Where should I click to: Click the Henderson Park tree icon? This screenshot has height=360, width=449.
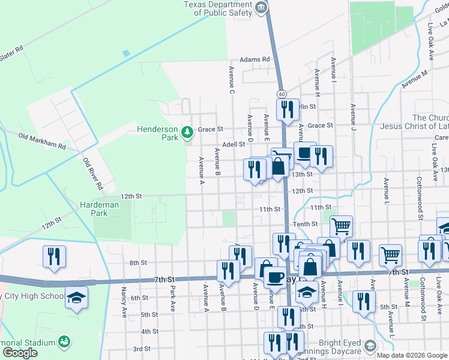187,131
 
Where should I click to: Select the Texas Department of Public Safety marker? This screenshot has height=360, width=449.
261,8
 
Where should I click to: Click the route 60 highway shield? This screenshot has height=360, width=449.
282,94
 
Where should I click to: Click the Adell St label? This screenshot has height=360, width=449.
234,145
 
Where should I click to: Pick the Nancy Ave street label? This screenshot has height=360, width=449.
124,302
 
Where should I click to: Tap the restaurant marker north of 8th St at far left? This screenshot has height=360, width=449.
55,257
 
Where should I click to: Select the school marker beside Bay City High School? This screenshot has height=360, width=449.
76,298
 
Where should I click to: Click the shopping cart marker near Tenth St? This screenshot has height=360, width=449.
340,226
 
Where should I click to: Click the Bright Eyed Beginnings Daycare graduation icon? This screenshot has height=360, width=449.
370,346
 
